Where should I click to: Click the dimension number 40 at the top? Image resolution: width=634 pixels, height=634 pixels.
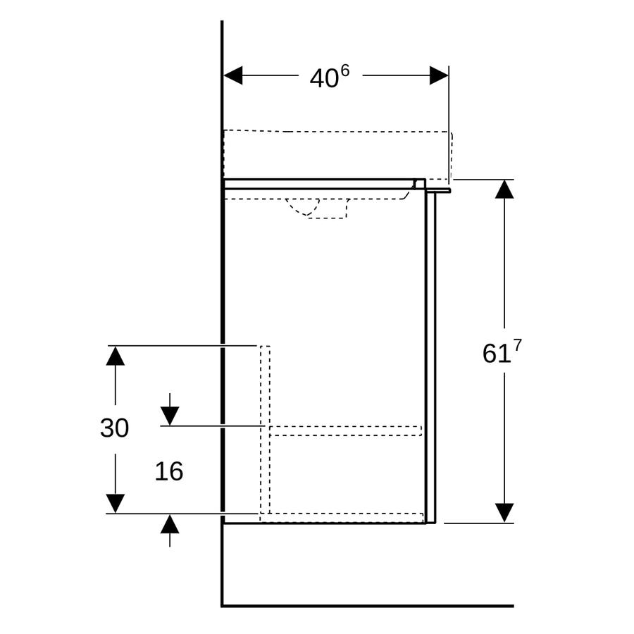[x=324, y=78]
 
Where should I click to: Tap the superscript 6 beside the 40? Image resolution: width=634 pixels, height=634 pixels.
[x=344, y=72]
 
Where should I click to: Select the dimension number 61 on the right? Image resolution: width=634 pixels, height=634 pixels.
[x=495, y=354]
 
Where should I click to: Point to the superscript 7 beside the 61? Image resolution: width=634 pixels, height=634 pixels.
[x=517, y=346]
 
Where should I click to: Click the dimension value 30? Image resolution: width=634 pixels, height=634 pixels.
[x=114, y=428]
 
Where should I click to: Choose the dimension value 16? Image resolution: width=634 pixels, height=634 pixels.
[x=169, y=471]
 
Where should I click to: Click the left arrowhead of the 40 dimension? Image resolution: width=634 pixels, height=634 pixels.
[x=233, y=75]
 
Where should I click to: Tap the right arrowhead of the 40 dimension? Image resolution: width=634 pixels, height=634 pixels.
[x=439, y=75]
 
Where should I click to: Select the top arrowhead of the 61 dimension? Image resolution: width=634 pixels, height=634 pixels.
[x=504, y=189]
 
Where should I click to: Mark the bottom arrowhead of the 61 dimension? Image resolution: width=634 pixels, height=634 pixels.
[x=504, y=513]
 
